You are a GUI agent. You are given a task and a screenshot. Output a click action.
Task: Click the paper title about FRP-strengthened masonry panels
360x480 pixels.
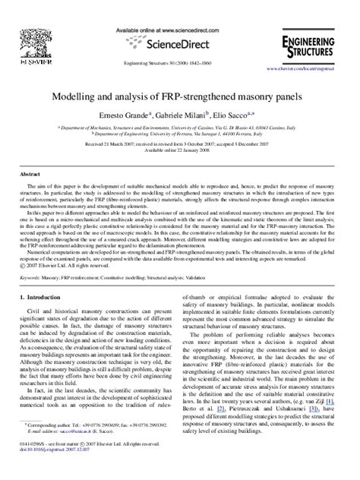(180, 96)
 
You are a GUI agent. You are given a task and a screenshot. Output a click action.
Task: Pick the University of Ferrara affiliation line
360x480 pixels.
(180, 134)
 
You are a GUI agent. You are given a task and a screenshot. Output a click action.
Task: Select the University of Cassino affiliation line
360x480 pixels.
(180, 128)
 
